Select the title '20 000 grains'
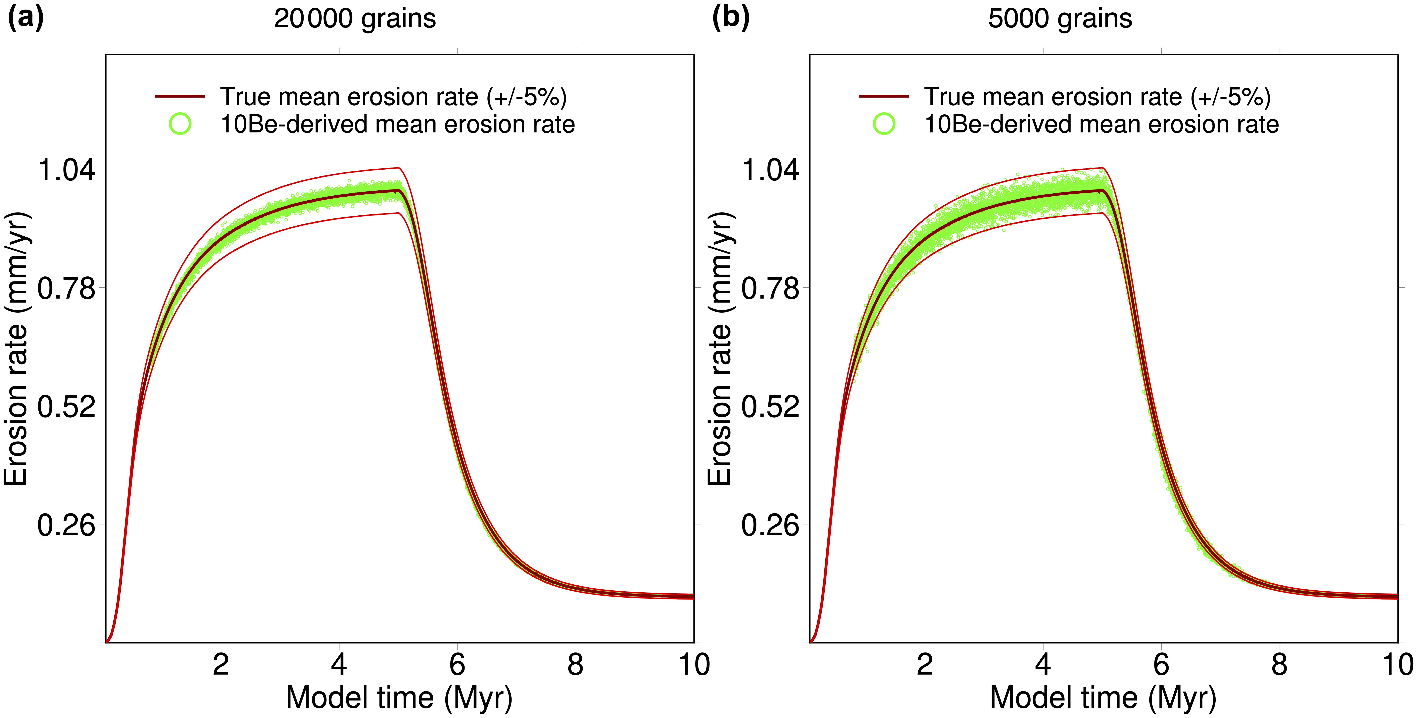(355, 19)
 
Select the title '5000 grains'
(1060, 19)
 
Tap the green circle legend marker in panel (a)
(180, 124)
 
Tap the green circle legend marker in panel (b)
(884, 124)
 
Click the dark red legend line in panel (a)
(180, 96)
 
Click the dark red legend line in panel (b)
(884, 96)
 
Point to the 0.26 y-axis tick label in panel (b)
(770, 525)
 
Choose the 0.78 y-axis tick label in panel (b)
(770, 288)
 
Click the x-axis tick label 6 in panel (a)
(457, 665)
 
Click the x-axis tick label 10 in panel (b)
(1397, 665)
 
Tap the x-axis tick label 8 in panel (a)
(575, 665)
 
